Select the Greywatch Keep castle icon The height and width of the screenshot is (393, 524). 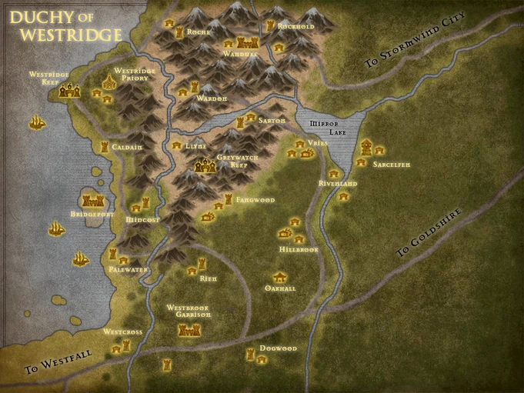tap(205, 165)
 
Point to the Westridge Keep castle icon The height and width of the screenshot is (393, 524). tap(68, 91)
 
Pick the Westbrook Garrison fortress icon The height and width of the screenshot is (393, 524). tap(188, 331)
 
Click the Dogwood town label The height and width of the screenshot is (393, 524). tap(278, 348)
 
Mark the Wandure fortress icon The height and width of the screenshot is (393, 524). tap(245, 42)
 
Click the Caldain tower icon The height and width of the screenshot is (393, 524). tap(105, 146)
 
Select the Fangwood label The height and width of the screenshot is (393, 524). tap(255, 200)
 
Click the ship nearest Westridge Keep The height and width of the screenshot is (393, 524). tap(35, 122)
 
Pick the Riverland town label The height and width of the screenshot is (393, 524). tap(338, 185)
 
